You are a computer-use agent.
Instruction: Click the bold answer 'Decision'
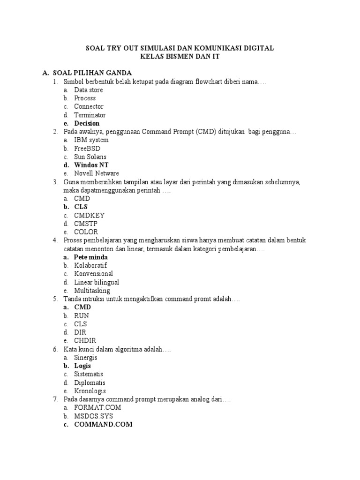pyautogui.click(x=87, y=123)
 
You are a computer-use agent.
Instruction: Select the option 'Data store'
pyautogui.click(x=88, y=90)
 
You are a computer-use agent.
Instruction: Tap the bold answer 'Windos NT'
pyautogui.click(x=92, y=165)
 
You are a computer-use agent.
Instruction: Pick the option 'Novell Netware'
pyautogui.click(x=97, y=173)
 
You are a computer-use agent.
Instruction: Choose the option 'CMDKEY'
pyautogui.click(x=89, y=215)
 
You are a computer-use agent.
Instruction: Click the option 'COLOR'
pyautogui.click(x=86, y=232)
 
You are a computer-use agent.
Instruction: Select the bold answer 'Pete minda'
pyautogui.click(x=91, y=257)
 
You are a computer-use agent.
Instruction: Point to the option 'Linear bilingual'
pyautogui.click(x=97, y=282)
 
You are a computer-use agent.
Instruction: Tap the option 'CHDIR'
pyautogui.click(x=85, y=341)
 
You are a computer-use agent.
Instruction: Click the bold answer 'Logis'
pyautogui.click(x=82, y=366)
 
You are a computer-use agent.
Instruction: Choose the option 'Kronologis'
pyautogui.click(x=90, y=391)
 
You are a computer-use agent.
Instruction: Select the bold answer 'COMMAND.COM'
pyautogui.click(x=103, y=424)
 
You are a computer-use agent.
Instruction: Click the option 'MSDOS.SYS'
pyautogui.click(x=94, y=416)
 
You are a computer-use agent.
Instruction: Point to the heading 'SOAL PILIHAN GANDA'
pyautogui.click(x=92, y=73)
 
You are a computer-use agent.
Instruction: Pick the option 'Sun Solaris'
pyautogui.click(x=90, y=157)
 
